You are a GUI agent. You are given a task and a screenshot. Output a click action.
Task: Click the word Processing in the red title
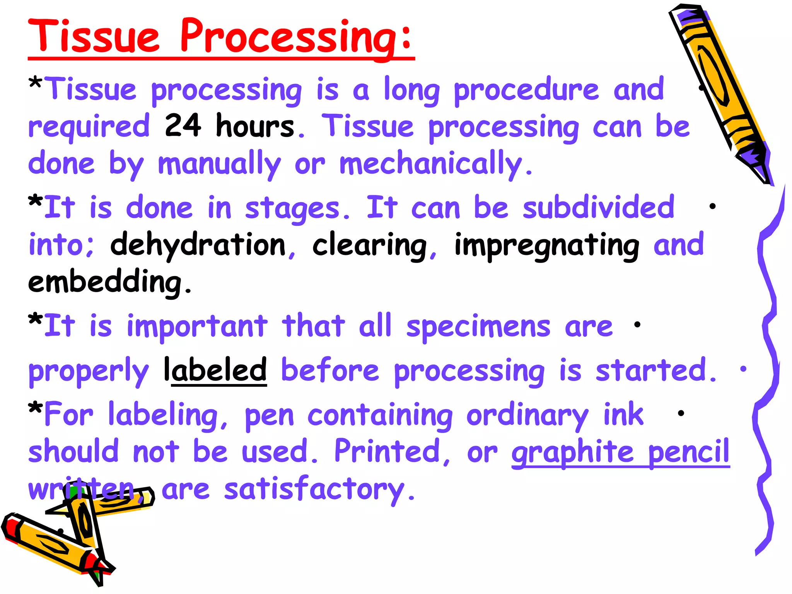tap(296, 37)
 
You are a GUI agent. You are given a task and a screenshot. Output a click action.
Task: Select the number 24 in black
tap(183, 126)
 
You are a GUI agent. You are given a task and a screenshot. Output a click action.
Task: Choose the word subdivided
tap(598, 208)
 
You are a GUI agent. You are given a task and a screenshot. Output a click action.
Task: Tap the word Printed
tap(387, 451)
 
